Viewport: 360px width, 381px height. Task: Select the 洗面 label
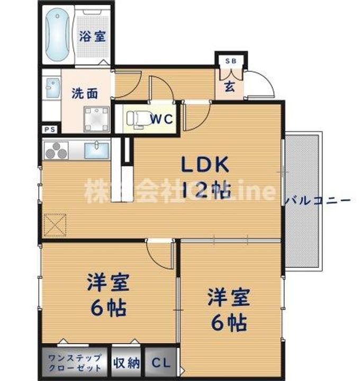coord(85,94)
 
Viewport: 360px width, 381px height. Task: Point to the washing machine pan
coord(97,120)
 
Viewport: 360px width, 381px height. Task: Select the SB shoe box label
coord(230,61)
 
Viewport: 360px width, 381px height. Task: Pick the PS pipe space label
coord(50,128)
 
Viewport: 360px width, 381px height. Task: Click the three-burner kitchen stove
coord(57,151)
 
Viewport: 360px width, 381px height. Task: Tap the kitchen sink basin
coord(97,150)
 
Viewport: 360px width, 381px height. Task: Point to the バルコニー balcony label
coord(317,201)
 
